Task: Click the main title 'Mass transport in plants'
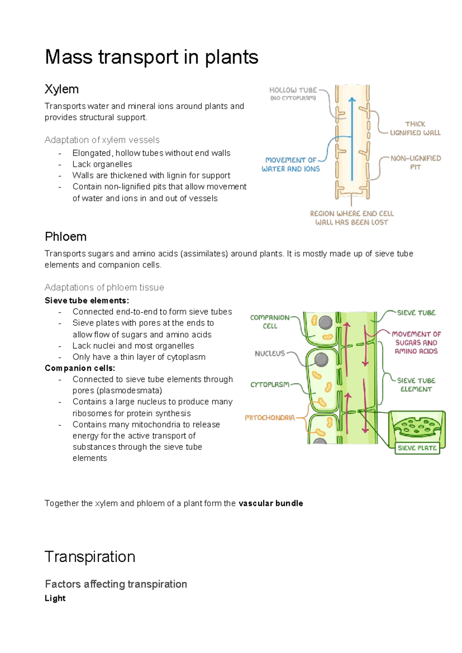(x=151, y=57)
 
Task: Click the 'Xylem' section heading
(x=62, y=89)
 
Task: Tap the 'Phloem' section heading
(x=65, y=236)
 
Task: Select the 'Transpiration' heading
(x=90, y=557)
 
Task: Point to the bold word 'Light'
(x=55, y=598)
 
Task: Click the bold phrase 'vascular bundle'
(x=271, y=503)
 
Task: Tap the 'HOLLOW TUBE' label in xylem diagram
(x=293, y=90)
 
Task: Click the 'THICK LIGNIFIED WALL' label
(x=415, y=128)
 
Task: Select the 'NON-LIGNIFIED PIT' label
(x=415, y=162)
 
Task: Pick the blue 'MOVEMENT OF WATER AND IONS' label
(x=291, y=164)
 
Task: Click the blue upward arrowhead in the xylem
(x=352, y=100)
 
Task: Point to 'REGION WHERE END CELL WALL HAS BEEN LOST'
(x=352, y=218)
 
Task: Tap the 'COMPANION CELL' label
(x=269, y=321)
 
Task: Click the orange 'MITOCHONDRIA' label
(x=269, y=417)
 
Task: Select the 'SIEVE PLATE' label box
(x=417, y=448)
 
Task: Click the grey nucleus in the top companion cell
(x=325, y=322)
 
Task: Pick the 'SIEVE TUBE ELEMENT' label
(x=416, y=385)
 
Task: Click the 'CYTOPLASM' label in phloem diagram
(x=269, y=384)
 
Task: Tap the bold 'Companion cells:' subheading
(x=80, y=368)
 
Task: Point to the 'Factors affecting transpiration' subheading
(x=116, y=584)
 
